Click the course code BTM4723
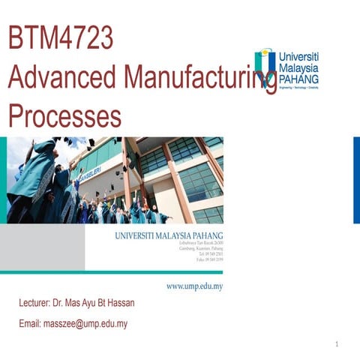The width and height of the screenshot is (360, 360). (x=59, y=39)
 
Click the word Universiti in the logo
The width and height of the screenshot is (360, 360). (x=298, y=56)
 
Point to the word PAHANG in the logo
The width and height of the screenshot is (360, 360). (x=298, y=77)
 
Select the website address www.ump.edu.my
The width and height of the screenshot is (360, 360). (x=194, y=286)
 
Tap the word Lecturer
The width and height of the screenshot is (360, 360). (x=34, y=304)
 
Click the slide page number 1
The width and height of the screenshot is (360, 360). (x=337, y=345)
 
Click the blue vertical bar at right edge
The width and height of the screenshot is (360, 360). (x=356, y=180)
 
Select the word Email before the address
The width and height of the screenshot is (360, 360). (x=29, y=324)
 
